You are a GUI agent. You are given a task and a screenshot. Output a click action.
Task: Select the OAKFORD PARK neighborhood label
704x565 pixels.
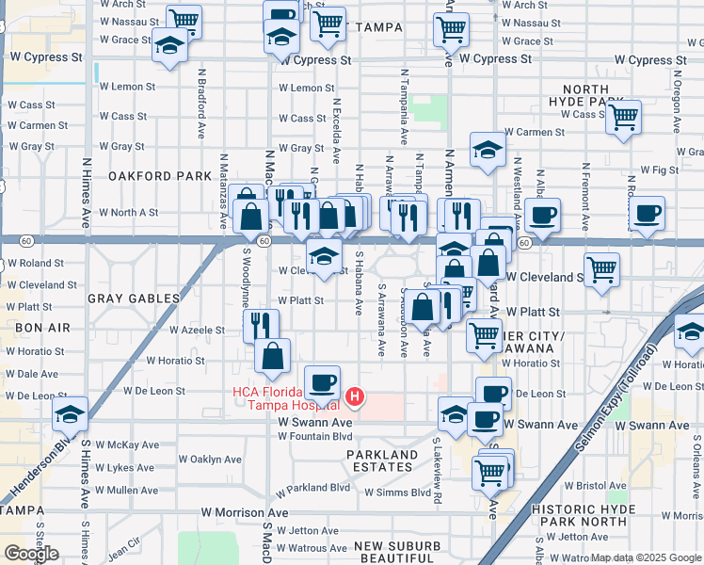pyautogui.click(x=146, y=176)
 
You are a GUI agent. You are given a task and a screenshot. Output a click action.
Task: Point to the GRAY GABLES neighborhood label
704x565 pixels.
pyautogui.click(x=133, y=299)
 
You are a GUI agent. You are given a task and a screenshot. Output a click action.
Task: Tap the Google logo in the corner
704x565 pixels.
pyautogui.click(x=31, y=553)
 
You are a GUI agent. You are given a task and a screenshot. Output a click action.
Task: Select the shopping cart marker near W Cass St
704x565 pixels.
pyautogui.click(x=623, y=119)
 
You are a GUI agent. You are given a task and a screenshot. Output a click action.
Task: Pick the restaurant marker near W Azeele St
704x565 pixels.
pyautogui.click(x=261, y=327)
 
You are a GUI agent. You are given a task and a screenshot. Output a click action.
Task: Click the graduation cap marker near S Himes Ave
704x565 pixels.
pyautogui.click(x=70, y=414)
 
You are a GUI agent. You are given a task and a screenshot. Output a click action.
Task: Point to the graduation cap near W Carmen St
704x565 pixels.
pyautogui.click(x=487, y=151)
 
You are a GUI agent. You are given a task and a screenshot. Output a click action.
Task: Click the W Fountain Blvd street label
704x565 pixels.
pyautogui.click(x=314, y=436)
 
